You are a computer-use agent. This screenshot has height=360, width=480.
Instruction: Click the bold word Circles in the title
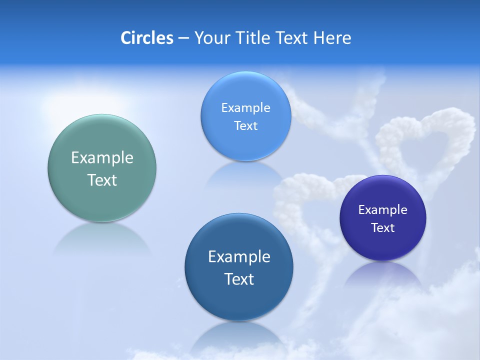146,38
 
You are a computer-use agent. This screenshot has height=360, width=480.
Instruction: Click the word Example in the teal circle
102,158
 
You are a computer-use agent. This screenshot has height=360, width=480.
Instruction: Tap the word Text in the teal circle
102,180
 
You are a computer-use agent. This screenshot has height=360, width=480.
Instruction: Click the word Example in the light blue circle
246,108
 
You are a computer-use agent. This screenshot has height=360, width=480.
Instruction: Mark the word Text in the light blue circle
246,126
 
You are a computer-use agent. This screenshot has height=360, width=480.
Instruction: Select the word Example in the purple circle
383,210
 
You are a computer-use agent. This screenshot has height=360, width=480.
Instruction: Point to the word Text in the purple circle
383,228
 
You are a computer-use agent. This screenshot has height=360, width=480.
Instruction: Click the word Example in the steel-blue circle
239,257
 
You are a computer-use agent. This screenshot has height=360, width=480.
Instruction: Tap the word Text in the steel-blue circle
239,279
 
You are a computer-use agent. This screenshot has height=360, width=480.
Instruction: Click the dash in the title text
183,38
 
